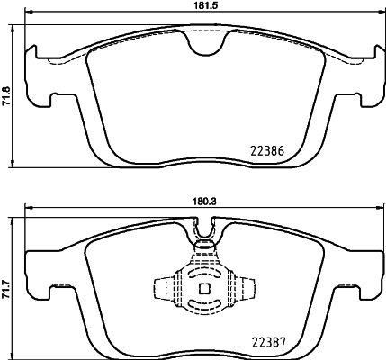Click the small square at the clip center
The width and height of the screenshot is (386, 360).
tap(202, 289)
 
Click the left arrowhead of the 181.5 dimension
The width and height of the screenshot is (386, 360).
tap(27, 16)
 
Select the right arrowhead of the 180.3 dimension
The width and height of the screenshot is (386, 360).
tap(376, 210)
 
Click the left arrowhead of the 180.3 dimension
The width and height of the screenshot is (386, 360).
tap(28, 210)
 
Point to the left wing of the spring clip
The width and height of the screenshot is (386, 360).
tap(163, 289)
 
